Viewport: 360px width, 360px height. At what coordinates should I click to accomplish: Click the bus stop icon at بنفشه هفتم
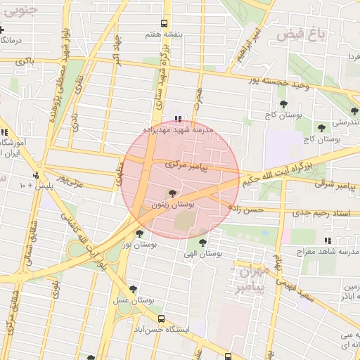[164, 23]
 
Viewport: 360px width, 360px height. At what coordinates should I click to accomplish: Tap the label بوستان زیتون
[173, 205]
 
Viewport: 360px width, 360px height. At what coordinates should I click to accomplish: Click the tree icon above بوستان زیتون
[173, 193]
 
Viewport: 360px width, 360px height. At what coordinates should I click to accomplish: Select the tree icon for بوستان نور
[139, 233]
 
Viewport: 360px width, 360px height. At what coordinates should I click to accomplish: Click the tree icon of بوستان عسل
[133, 289]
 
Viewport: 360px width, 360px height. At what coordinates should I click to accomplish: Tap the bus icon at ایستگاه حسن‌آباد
[161, 319]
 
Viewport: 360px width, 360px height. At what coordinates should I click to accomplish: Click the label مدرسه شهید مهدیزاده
[178, 131]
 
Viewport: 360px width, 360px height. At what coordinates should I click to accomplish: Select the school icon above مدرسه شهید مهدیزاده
[177, 119]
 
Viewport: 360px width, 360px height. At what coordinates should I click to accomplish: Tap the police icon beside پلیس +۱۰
[36, 175]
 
